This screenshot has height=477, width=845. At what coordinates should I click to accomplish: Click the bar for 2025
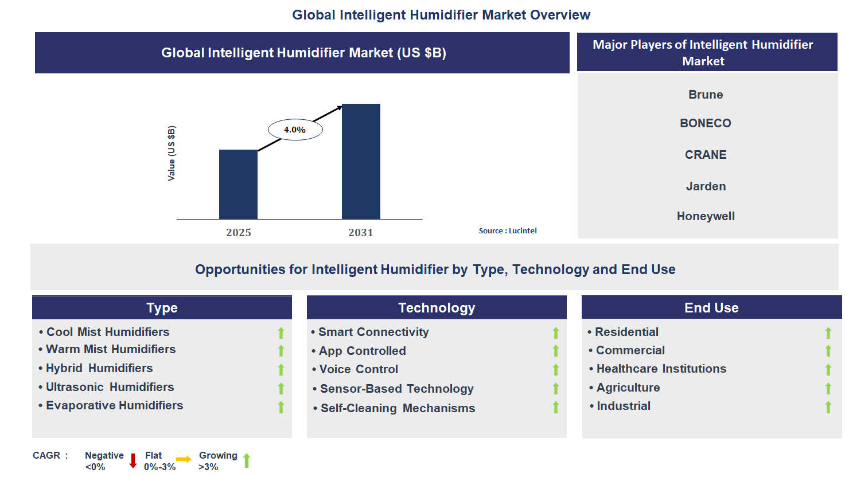[x=238, y=184]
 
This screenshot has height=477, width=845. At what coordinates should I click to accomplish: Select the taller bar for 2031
[x=361, y=161]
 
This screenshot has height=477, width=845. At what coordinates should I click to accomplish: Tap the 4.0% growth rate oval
[x=295, y=130]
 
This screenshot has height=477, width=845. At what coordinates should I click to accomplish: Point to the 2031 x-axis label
[x=361, y=232]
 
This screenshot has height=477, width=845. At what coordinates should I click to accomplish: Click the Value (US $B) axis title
[x=172, y=153]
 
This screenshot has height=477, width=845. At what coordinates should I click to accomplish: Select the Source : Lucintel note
[x=508, y=230]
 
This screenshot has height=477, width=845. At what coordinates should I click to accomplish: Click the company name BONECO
[x=705, y=123]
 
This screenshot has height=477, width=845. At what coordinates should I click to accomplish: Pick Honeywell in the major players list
[x=705, y=216]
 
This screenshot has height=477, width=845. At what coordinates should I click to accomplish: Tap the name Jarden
[x=706, y=186]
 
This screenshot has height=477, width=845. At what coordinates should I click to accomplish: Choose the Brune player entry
[x=705, y=95]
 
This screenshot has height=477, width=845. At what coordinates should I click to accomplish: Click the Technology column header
[x=437, y=308]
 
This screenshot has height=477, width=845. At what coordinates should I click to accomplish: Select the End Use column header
[x=711, y=308]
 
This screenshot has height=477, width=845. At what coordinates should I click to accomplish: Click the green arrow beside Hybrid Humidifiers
[x=281, y=369]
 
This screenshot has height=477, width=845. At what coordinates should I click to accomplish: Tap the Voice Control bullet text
[x=359, y=369]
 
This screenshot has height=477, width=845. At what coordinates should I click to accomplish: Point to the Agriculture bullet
[x=628, y=388]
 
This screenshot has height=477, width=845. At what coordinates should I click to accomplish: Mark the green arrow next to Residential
[x=828, y=333]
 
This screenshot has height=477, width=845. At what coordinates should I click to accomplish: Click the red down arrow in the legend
[x=133, y=460]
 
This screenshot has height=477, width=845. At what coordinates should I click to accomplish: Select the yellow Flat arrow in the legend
[x=184, y=459]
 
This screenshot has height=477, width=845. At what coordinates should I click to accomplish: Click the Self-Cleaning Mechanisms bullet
[x=398, y=408]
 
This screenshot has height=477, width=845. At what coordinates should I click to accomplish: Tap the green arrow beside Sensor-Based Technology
[x=555, y=389]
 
